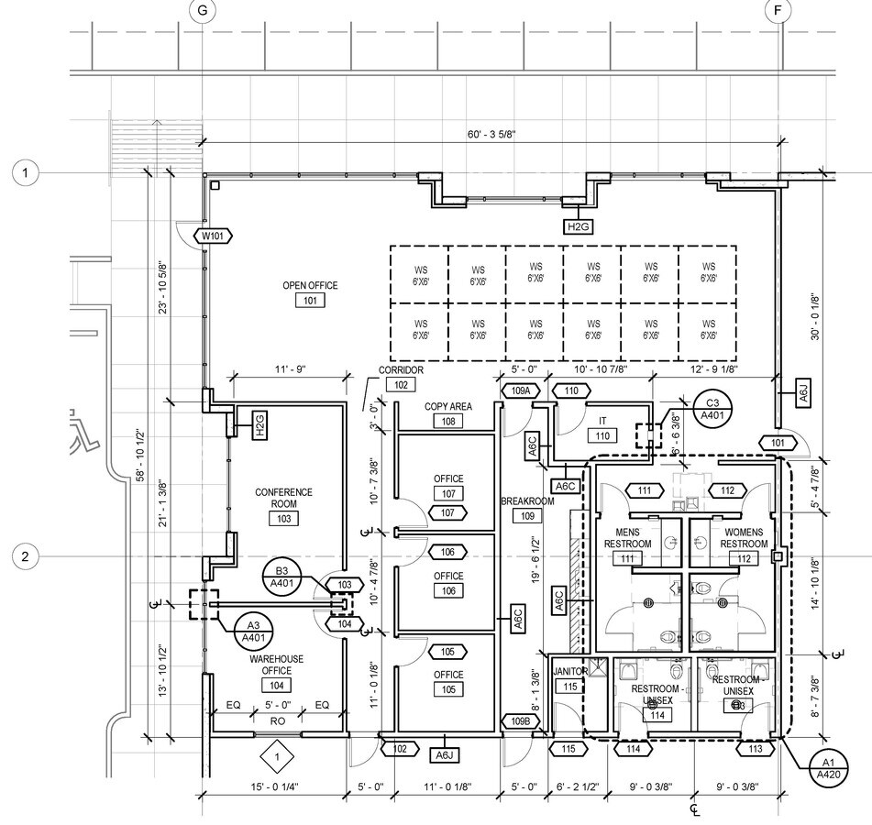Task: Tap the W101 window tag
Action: (213, 236)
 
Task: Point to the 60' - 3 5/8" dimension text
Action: (491, 135)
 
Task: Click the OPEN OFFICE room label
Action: (310, 286)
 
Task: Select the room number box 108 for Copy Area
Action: (447, 421)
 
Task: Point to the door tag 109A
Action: (519, 391)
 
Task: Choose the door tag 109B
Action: (520, 721)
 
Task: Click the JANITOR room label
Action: (570, 671)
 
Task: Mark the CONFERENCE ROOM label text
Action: (283, 498)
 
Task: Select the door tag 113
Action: (756, 749)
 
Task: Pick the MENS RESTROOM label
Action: (627, 538)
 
